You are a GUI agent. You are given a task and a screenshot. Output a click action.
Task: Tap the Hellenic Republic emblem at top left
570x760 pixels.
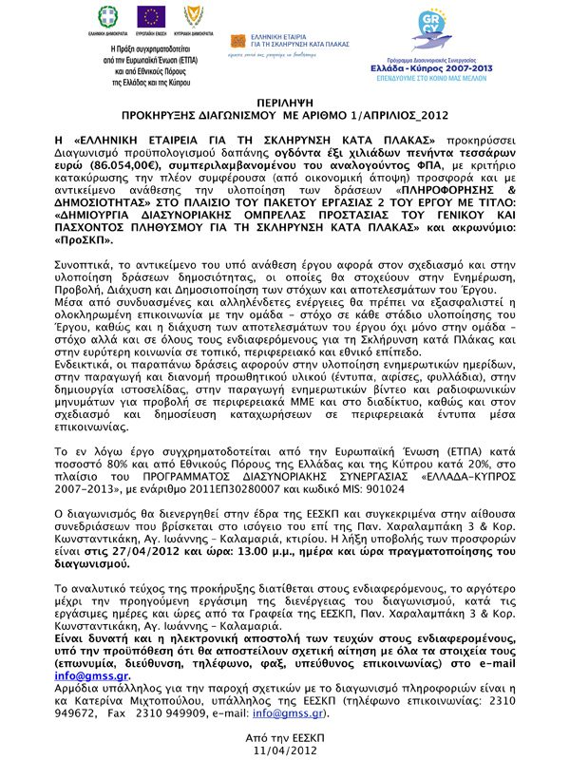pos(113,16)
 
